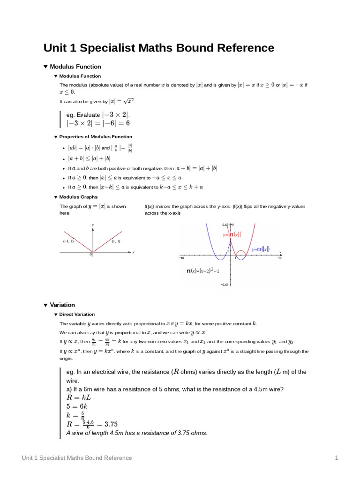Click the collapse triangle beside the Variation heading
pos(45,305)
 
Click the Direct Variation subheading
pos(77,314)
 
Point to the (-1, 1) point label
pos(68,241)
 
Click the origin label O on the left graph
pos(91,255)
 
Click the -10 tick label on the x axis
pos(181,258)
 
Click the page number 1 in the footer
pos(336,457)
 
